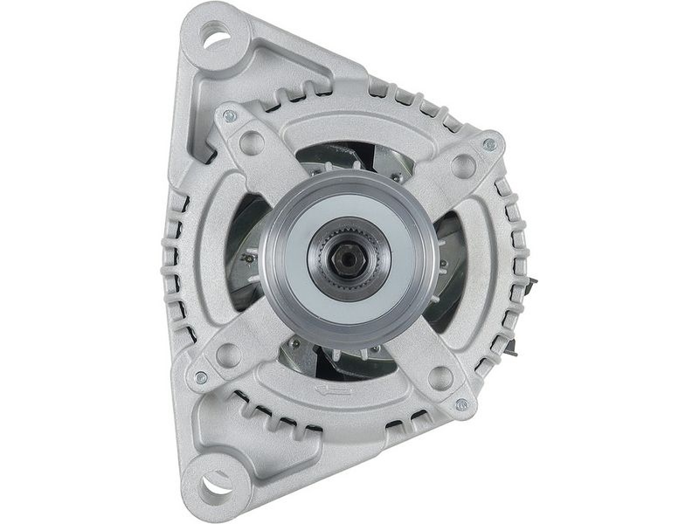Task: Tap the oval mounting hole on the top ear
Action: pyautogui.click(x=213, y=37)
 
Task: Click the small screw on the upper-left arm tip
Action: pyautogui.click(x=231, y=115)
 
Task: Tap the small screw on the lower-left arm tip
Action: pyautogui.click(x=201, y=377)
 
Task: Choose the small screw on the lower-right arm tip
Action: pyautogui.click(x=462, y=404)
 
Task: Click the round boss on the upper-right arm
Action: pyautogui.click(x=463, y=166)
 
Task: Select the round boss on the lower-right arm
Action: pyautogui.click(x=440, y=379)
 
